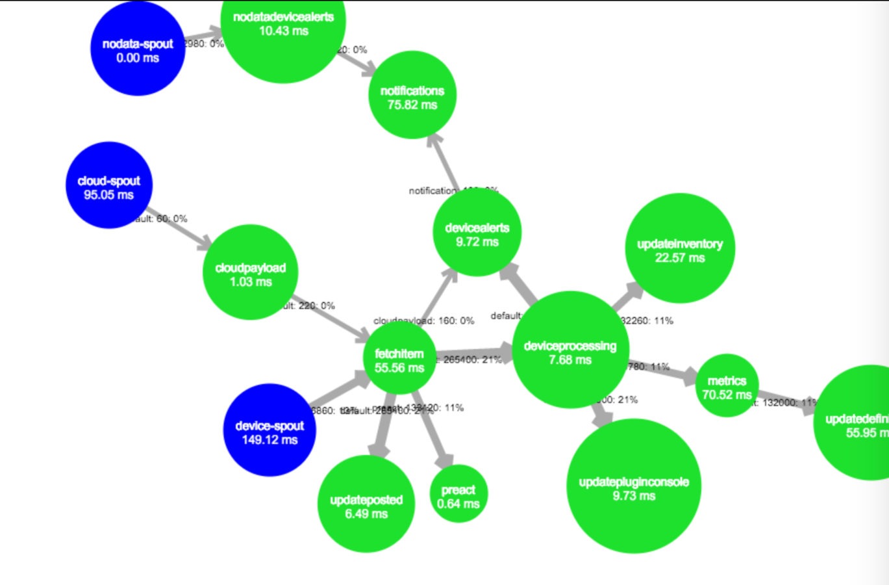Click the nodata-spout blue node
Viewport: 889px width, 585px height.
tap(138, 49)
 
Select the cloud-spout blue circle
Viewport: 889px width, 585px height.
tap(109, 186)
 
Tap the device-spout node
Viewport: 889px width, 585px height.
tap(269, 431)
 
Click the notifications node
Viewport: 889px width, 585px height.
tap(412, 95)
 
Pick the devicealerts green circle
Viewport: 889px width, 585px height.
tap(477, 233)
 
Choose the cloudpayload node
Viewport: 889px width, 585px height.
tap(251, 272)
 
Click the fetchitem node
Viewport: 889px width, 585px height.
tap(399, 358)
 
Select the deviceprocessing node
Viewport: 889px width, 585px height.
tap(570, 350)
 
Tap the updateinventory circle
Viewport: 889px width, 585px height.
tap(680, 248)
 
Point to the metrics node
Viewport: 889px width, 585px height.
tap(727, 385)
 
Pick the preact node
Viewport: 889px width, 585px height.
tap(458, 495)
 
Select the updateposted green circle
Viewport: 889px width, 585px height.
tap(366, 504)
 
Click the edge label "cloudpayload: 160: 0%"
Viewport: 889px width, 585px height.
tap(423, 320)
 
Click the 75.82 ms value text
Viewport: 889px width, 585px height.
tap(412, 105)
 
